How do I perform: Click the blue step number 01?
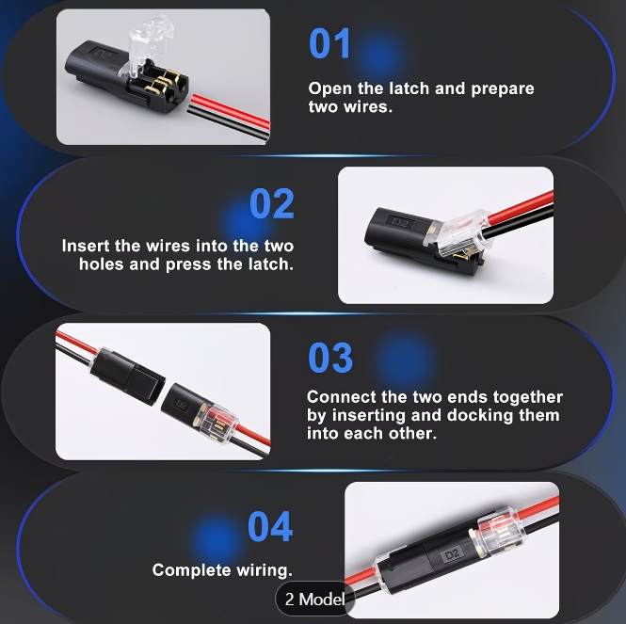click(329, 43)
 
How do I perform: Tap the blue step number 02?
click(272, 203)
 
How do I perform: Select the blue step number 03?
click(330, 358)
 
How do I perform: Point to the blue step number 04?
click(270, 526)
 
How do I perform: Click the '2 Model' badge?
click(315, 600)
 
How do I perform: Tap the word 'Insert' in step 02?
click(86, 246)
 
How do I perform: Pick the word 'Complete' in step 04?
click(192, 570)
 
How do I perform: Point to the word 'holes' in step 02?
click(101, 264)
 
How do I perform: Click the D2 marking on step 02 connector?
click(400, 222)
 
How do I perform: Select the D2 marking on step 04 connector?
click(453, 554)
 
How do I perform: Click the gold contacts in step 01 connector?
click(161, 83)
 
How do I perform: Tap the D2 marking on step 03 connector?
click(181, 406)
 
